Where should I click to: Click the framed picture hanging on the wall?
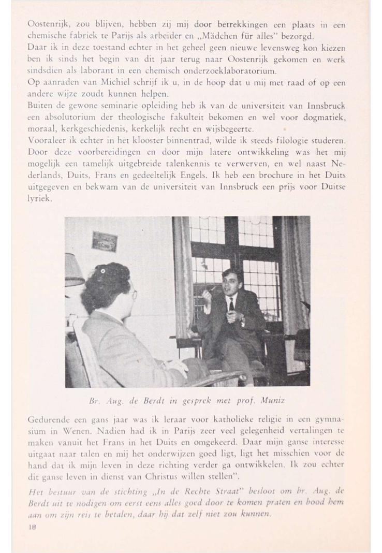pos(106,241)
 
